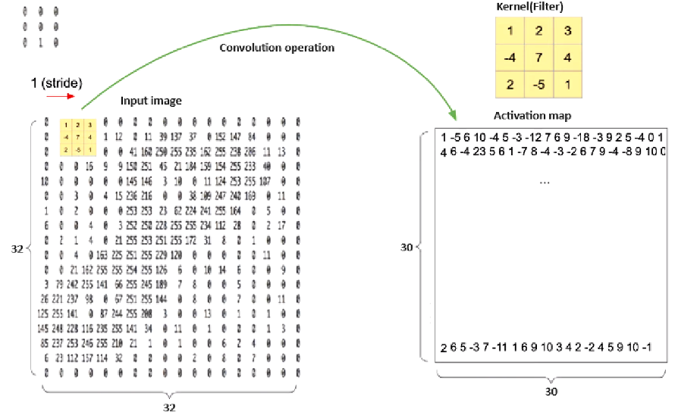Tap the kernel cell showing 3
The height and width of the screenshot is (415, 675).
567,31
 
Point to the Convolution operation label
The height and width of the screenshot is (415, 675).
277,48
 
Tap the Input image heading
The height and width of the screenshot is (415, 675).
151,101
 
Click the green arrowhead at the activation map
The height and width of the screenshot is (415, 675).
454,116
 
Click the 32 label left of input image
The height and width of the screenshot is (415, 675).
17,247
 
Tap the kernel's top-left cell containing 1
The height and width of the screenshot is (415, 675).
510,31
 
